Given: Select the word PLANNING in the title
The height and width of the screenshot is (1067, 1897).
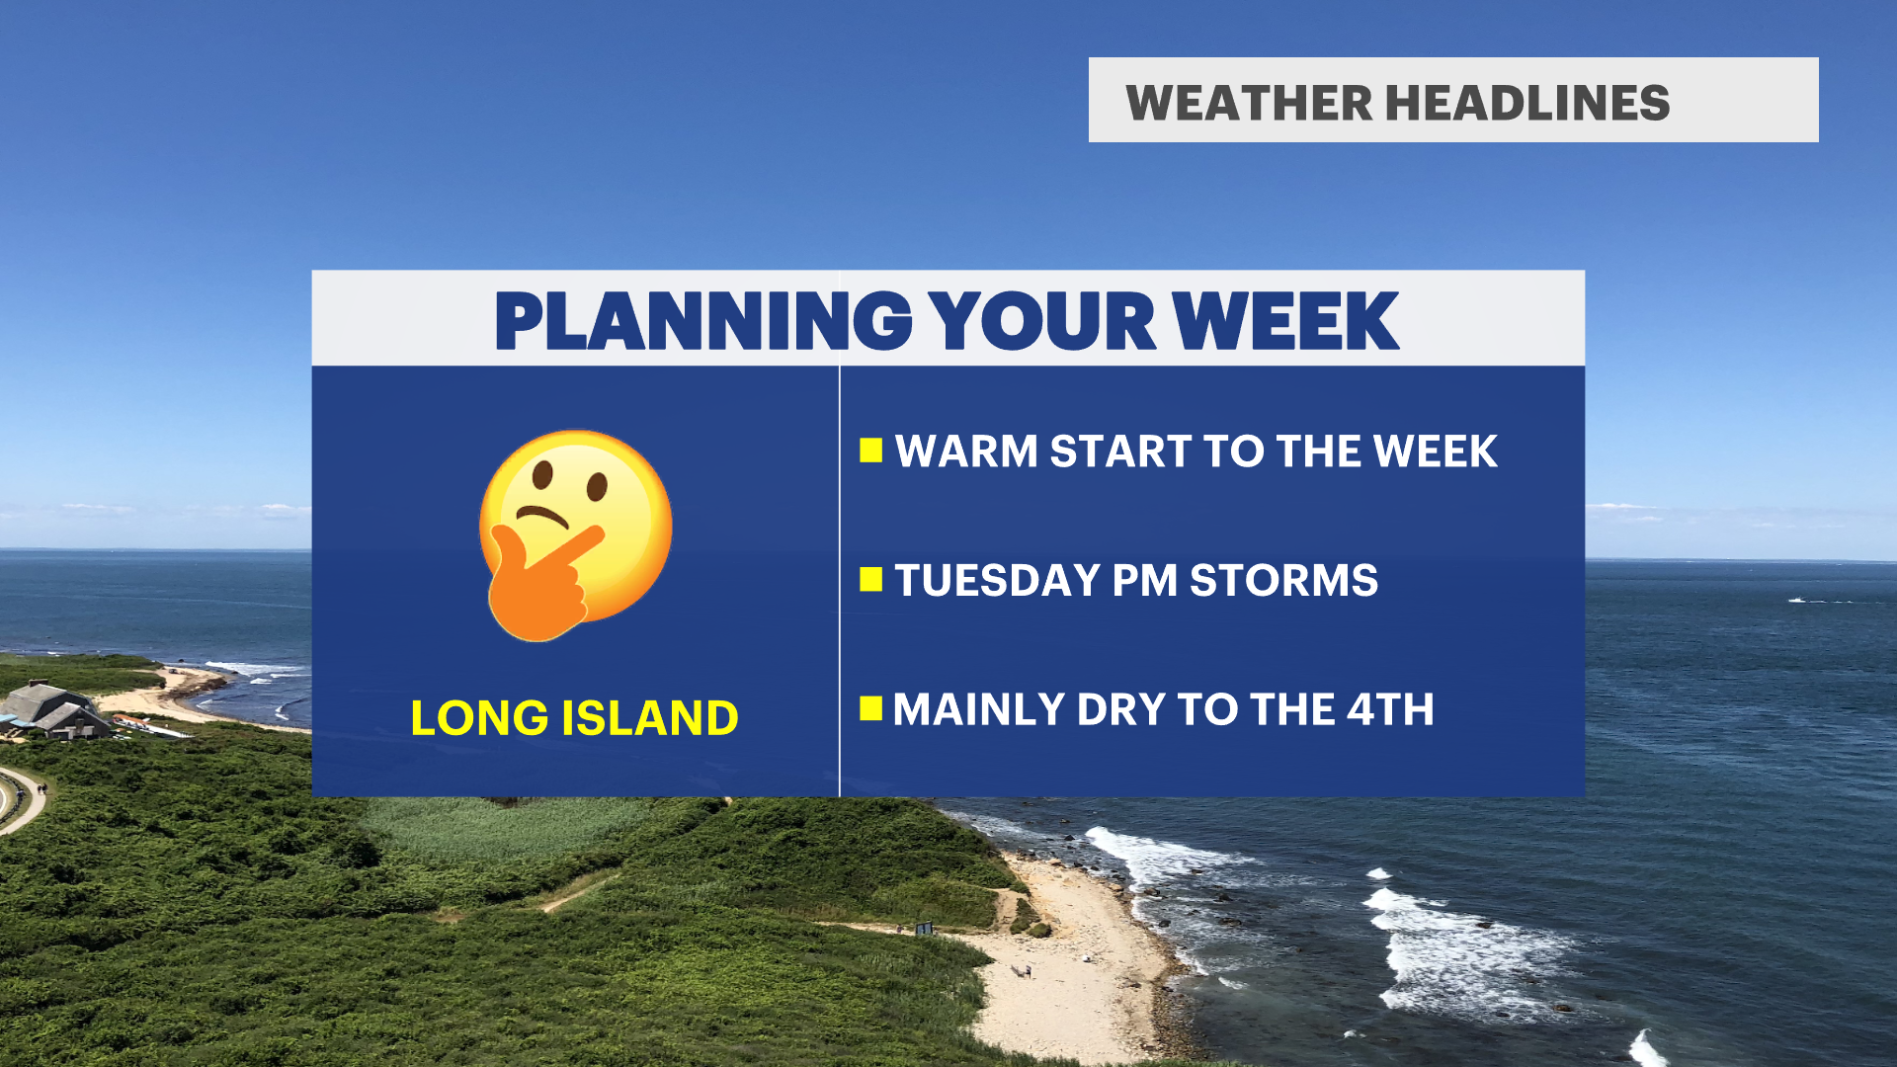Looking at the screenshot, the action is click(x=702, y=321).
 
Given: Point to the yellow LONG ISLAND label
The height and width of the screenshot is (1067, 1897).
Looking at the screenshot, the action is click(x=574, y=718).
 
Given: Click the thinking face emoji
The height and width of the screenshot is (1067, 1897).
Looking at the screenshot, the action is click(x=575, y=535).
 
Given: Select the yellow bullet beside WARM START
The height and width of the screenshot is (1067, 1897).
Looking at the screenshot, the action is click(x=870, y=451).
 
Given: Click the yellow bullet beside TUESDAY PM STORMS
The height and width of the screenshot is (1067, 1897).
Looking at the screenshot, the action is click(x=870, y=579).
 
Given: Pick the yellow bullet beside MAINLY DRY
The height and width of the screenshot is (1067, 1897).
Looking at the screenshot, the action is click(x=870, y=708).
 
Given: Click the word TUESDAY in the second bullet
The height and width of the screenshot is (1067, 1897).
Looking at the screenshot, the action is click(x=997, y=580).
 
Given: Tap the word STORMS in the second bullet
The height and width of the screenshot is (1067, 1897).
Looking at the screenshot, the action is click(x=1283, y=580).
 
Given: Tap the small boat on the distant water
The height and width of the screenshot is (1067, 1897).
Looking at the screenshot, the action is click(x=1795, y=600).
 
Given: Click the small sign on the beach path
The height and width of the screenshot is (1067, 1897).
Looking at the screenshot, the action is click(x=924, y=928).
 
